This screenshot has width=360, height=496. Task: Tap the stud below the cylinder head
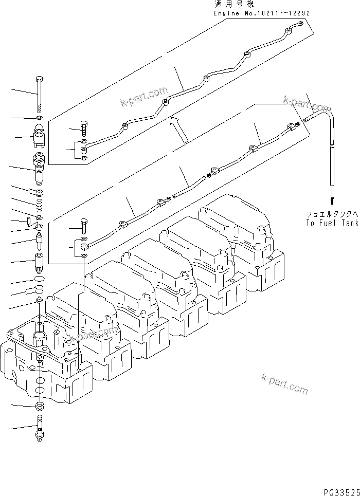(x=39, y=431)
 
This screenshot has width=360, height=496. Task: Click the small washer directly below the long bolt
(x=40, y=118)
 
